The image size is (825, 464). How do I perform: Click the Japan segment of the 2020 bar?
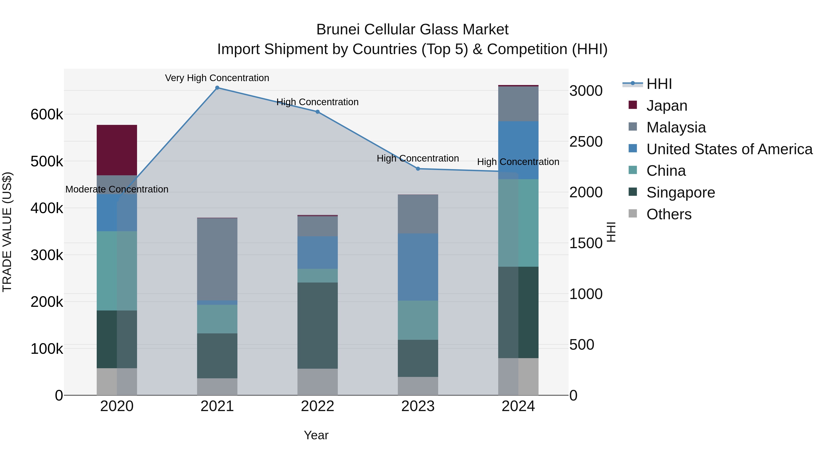click(x=117, y=150)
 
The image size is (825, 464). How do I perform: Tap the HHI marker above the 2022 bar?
click(x=317, y=112)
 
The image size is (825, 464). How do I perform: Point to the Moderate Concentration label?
click(x=117, y=189)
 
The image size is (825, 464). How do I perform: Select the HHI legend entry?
click(x=659, y=84)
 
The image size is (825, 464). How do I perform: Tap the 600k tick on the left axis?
click(x=47, y=114)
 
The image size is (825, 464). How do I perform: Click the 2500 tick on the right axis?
click(x=586, y=142)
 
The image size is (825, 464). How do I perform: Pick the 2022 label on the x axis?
click(x=317, y=406)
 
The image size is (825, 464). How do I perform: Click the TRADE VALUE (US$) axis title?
click(x=7, y=232)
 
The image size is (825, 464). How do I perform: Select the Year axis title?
click(x=316, y=435)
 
